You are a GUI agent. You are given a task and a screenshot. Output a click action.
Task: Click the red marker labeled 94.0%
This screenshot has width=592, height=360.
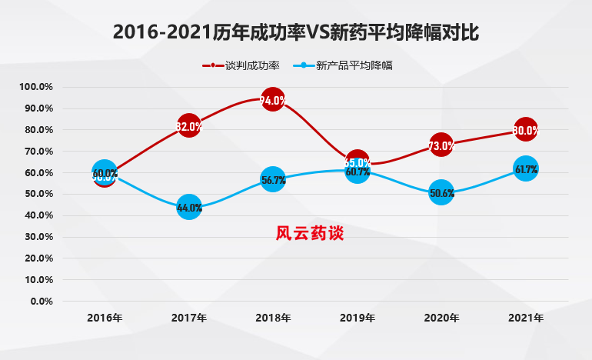click(273, 100)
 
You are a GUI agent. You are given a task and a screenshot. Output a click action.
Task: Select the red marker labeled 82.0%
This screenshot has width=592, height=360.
click(188, 126)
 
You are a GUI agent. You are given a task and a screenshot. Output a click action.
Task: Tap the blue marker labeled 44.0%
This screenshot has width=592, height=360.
click(189, 208)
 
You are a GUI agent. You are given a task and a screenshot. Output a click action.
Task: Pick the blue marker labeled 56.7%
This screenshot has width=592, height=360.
click(273, 181)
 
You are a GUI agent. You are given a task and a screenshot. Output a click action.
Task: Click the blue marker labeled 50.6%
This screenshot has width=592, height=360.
click(441, 193)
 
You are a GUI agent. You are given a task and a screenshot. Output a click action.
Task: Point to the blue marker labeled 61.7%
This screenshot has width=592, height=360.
click(526, 169)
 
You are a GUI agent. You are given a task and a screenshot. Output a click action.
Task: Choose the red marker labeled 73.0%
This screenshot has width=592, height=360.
click(441, 145)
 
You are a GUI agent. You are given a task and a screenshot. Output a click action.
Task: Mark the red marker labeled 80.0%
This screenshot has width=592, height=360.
click(526, 130)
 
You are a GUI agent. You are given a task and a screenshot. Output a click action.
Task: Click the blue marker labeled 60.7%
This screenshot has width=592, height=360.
click(358, 172)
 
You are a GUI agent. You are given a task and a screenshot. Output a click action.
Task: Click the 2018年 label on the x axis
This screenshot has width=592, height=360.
click(273, 317)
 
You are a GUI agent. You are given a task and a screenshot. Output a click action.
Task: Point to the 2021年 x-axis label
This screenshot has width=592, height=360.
click(526, 317)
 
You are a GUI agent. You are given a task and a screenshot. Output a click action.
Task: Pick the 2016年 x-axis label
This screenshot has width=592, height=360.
click(105, 317)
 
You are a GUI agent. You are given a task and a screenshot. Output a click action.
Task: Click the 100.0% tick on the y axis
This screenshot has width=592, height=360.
click(36, 87)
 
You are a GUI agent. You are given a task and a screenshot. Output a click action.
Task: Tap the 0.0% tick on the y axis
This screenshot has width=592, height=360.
click(42, 301)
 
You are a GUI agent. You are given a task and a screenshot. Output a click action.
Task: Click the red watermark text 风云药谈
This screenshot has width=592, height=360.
click(310, 233)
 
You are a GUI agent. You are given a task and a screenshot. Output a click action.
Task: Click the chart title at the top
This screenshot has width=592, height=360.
click(296, 32)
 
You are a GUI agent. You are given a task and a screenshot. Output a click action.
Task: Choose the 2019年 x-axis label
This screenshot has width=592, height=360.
click(358, 317)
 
